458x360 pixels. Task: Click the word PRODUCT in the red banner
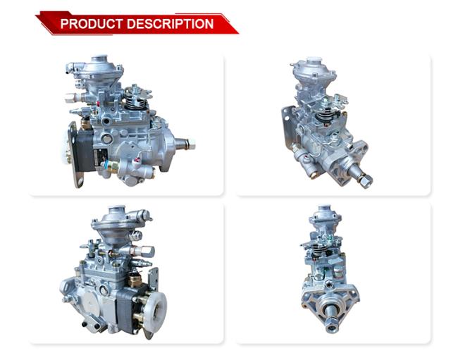tap(91, 24)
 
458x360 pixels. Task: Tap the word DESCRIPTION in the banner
tap(171, 24)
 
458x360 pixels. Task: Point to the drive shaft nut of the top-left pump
tap(191, 144)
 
